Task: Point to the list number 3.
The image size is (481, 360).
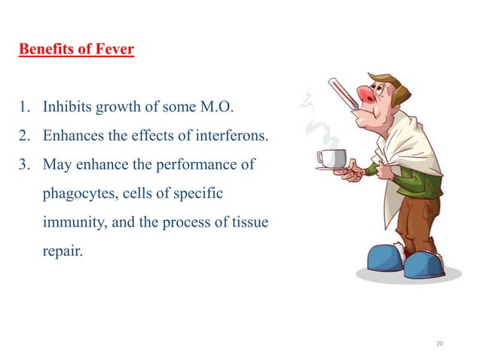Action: tap(25, 163)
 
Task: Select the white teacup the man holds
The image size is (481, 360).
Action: tap(332, 158)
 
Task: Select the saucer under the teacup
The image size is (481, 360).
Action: tap(332, 168)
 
